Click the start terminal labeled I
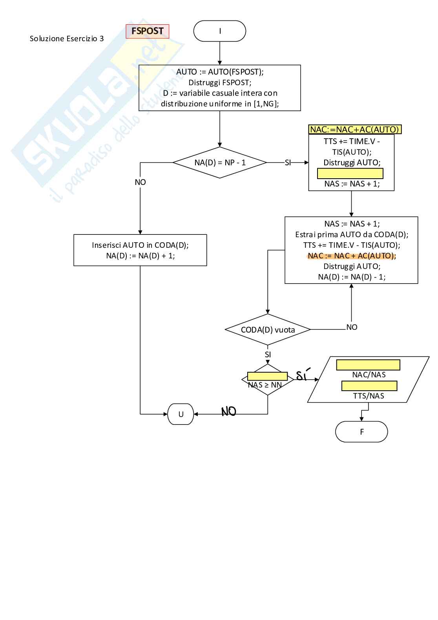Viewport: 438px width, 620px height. click(x=220, y=31)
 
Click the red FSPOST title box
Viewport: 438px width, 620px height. click(x=147, y=31)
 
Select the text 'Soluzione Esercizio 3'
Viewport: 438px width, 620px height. click(x=67, y=38)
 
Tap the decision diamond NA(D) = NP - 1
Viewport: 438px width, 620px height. click(x=220, y=163)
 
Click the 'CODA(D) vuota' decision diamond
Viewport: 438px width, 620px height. click(x=268, y=330)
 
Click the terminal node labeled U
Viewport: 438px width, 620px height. click(x=181, y=414)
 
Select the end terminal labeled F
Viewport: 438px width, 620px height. click(x=361, y=432)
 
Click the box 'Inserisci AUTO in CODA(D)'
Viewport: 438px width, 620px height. click(x=140, y=250)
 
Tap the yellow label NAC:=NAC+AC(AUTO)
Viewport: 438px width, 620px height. click(x=355, y=130)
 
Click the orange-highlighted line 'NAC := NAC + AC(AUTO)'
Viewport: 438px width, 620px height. click(x=352, y=256)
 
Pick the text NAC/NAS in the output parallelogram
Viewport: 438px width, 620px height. click(x=369, y=375)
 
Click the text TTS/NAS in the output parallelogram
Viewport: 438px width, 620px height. click(x=369, y=396)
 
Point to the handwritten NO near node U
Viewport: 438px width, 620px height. click(x=229, y=412)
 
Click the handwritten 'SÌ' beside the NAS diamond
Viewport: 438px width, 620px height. click(x=303, y=375)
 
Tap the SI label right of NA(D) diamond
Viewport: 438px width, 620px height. click(x=288, y=163)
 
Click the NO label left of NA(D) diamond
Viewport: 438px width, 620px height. click(x=140, y=182)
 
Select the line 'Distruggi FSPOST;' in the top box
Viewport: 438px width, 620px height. click(x=220, y=82)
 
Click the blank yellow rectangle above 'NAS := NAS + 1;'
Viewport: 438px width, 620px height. click(x=350, y=174)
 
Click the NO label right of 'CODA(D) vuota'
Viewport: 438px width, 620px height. click(x=352, y=327)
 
